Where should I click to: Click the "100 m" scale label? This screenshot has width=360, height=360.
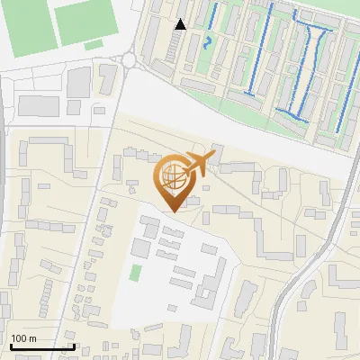point(23,338)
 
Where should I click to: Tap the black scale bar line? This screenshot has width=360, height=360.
point(41,346)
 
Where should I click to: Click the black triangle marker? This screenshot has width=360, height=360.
point(181,24)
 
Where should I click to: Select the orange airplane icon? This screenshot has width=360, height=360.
point(200,164)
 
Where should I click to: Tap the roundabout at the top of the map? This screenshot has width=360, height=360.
point(128,60)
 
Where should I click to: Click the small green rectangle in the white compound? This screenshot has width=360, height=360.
point(136,273)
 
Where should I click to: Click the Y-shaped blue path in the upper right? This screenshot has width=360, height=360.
point(315,45)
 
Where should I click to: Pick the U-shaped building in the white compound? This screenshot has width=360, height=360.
point(214,279)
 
